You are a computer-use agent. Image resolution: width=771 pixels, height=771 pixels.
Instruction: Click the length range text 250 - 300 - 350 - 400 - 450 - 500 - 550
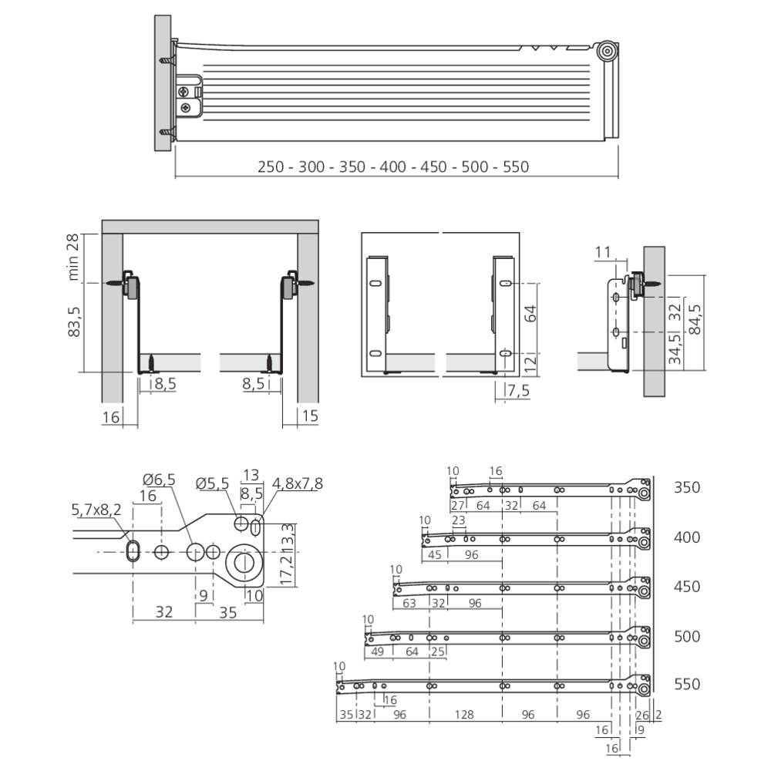pyautogui.click(x=393, y=167)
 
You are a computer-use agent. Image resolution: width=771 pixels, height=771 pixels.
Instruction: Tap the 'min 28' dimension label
pyautogui.click(x=72, y=258)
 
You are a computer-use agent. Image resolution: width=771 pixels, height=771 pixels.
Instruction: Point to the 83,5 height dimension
pyautogui.click(x=73, y=322)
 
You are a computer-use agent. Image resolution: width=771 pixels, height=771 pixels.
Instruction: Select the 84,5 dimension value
pyautogui.click(x=695, y=319)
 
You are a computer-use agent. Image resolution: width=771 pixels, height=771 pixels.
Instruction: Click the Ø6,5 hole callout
pyautogui.click(x=159, y=480)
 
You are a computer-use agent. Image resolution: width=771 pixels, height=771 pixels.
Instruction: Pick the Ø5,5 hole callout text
pyautogui.click(x=213, y=483)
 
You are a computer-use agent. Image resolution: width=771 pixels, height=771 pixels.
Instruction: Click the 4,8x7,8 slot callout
pyautogui.click(x=298, y=483)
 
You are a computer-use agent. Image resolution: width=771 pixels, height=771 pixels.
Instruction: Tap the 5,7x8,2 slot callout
pyautogui.click(x=96, y=510)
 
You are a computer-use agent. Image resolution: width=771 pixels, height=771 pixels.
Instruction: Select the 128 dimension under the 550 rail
pyautogui.click(x=463, y=714)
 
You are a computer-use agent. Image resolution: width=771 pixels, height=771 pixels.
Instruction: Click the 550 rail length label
pyautogui.click(x=687, y=684)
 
